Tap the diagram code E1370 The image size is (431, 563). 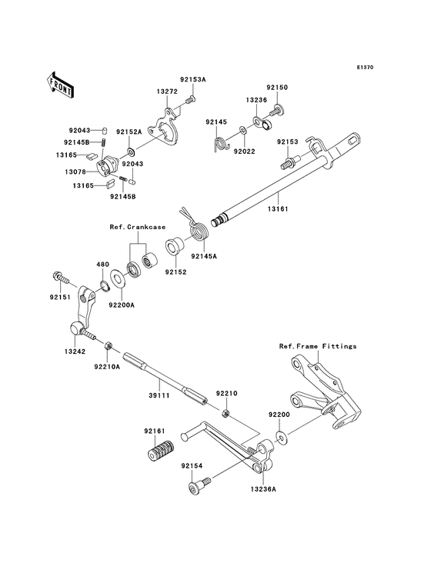pyautogui.click(x=365, y=67)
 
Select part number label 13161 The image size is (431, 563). pyautogui.click(x=279, y=208)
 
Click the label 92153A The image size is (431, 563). pyautogui.click(x=193, y=79)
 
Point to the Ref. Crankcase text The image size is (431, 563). pyautogui.click(x=138, y=227)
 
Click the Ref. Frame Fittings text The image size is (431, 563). pyautogui.click(x=318, y=346)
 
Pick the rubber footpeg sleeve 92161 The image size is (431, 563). pyautogui.click(x=161, y=450)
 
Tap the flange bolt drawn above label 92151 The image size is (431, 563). pyautogui.click(x=62, y=278)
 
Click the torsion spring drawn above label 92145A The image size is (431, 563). pyautogui.click(x=195, y=227)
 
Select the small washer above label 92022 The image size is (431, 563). pyautogui.click(x=242, y=129)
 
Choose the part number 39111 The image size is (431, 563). pyautogui.click(x=159, y=395)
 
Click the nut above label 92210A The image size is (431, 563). pyautogui.click(x=108, y=346)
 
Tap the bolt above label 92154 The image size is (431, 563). pyautogui.click(x=199, y=485)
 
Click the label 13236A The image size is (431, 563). pyautogui.click(x=264, y=488)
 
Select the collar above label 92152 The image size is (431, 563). pyautogui.click(x=175, y=247)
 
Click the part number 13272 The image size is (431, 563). pyautogui.click(x=167, y=92)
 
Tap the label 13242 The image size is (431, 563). pyautogui.click(x=75, y=351)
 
